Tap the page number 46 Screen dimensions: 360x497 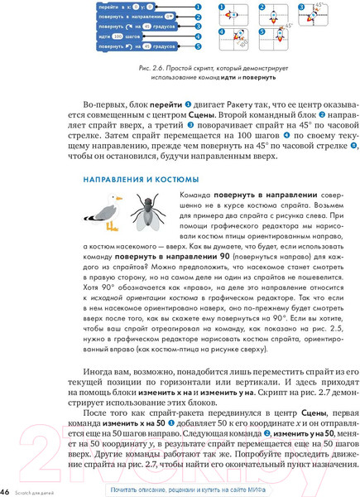(x=5, y=490)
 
